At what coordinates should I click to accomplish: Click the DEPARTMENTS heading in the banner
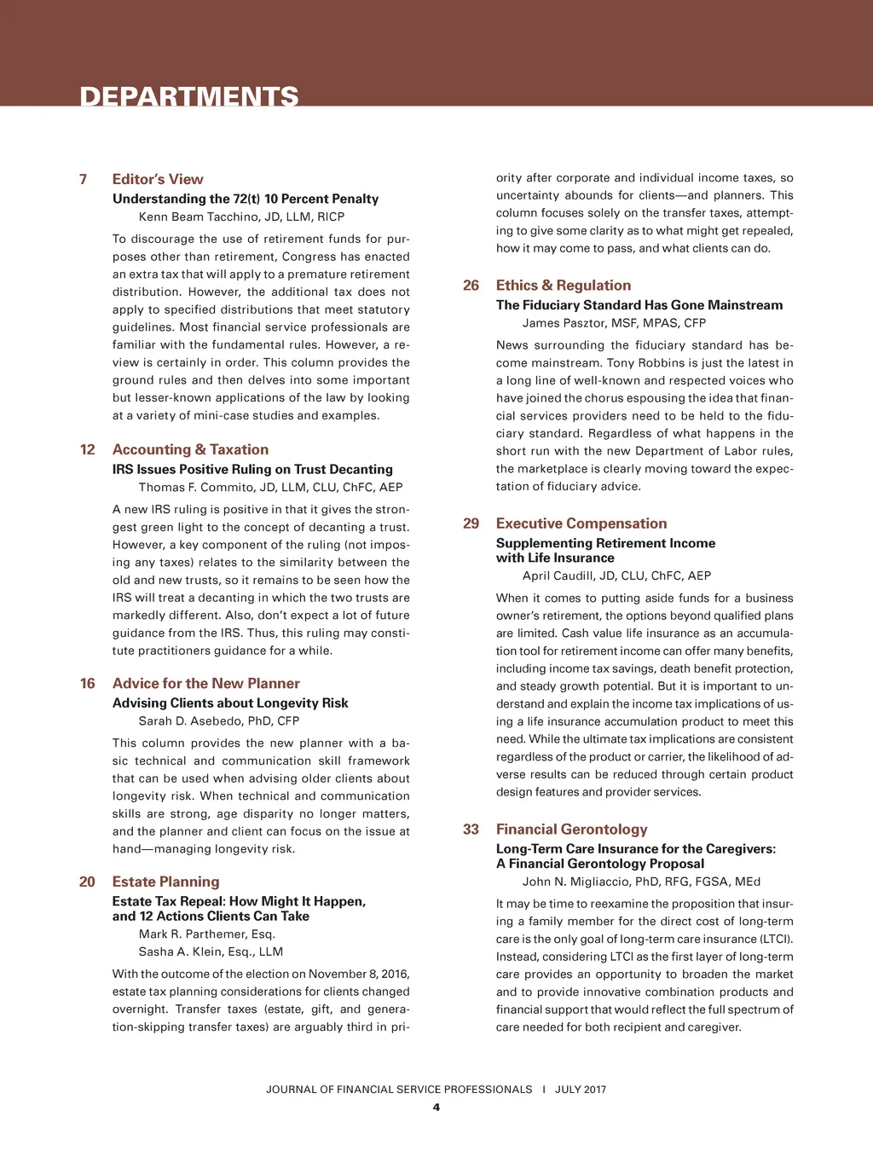[x=189, y=95]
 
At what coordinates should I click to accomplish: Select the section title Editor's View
[x=158, y=179]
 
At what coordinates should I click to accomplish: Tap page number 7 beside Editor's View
[x=83, y=179]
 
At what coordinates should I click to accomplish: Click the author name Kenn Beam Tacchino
[x=241, y=217]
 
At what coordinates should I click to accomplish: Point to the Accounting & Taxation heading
[x=190, y=449]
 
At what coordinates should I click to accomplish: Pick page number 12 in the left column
[x=87, y=449]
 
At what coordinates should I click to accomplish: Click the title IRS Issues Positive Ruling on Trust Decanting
[x=252, y=469]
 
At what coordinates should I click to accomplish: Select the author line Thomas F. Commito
[x=270, y=487]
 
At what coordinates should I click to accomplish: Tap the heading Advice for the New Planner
[x=205, y=683]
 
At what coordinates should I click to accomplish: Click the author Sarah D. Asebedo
[x=219, y=720]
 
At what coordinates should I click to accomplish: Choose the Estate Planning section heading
[x=165, y=882]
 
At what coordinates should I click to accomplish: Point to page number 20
[x=87, y=882]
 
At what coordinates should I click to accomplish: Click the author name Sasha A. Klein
[x=211, y=951]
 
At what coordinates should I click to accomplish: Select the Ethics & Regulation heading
[x=564, y=285]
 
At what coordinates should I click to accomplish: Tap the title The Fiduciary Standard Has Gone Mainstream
[x=639, y=304]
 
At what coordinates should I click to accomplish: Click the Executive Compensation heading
[x=581, y=523]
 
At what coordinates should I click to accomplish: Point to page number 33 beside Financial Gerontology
[x=471, y=829]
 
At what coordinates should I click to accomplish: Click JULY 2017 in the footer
[x=581, y=1089]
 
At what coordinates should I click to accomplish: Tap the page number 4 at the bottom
[x=436, y=1108]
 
